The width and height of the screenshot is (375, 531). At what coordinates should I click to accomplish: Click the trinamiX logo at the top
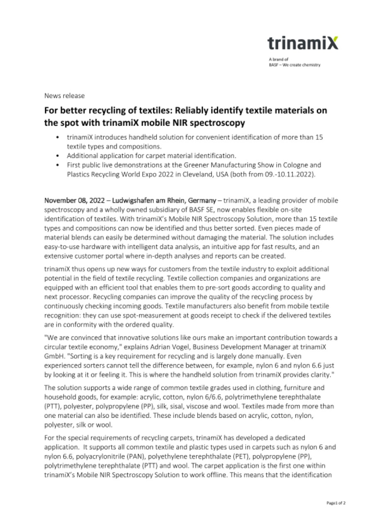pyautogui.click(x=302, y=43)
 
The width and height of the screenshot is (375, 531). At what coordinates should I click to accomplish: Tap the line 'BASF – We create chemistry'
pyautogui.click(x=294, y=65)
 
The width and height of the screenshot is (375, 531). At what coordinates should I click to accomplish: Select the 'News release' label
pyautogui.click(x=64, y=96)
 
